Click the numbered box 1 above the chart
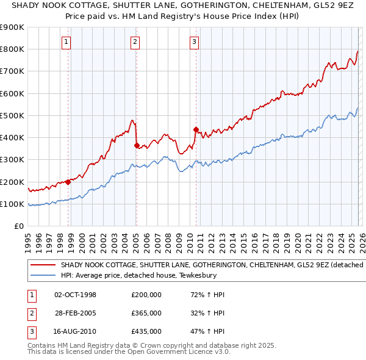click(65, 42)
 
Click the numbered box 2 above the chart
click(134, 42)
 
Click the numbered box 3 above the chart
click(193, 42)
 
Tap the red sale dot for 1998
click(68, 182)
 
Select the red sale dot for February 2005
click(137, 145)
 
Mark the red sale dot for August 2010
click(196, 129)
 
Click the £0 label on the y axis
click(18, 226)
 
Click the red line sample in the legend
click(42, 265)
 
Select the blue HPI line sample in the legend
click(42, 275)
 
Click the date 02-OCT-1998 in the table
click(76, 295)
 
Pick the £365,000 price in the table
click(146, 313)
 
